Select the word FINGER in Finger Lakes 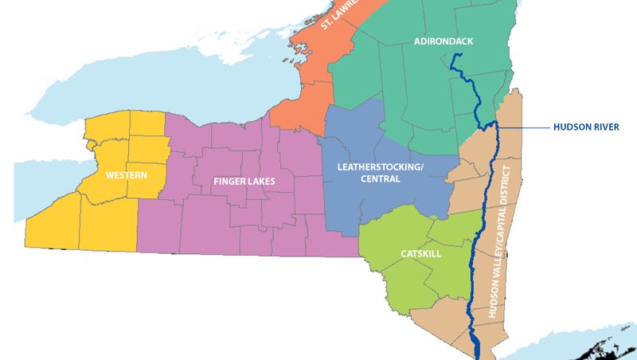[x=229, y=182]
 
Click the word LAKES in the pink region [x=261, y=182]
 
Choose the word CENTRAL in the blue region [x=378, y=179]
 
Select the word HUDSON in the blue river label [x=571, y=126]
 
